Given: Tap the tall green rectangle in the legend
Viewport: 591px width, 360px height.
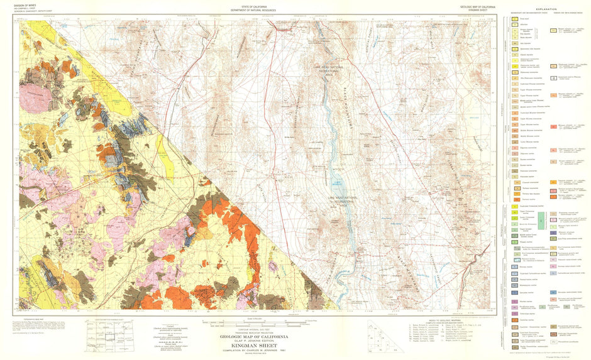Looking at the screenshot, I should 513,219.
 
